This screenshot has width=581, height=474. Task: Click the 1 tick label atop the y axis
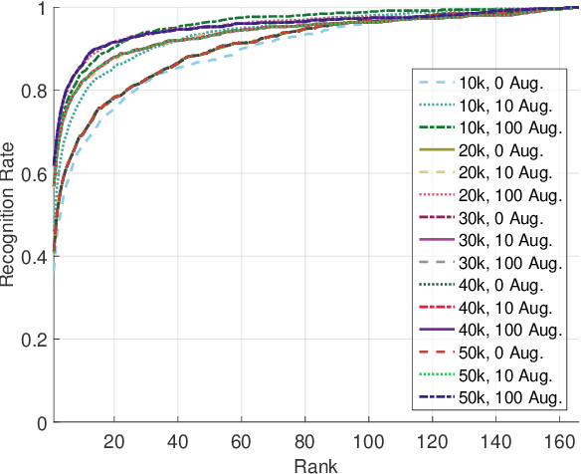pos(40,9)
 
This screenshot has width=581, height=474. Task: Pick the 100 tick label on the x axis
pos(370,441)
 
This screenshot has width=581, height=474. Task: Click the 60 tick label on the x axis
pos(242,441)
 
